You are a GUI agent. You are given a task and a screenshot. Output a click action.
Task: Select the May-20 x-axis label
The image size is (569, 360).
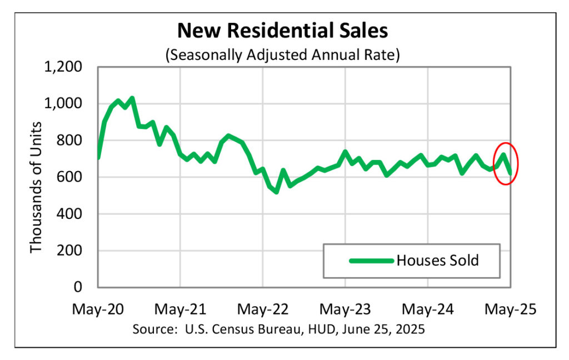click(x=98, y=309)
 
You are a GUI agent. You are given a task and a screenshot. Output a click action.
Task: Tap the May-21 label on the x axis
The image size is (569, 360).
click(x=180, y=309)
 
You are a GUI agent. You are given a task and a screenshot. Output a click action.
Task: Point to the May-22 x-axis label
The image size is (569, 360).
click(x=262, y=309)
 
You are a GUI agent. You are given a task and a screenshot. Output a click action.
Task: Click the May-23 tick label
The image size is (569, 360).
click(x=345, y=309)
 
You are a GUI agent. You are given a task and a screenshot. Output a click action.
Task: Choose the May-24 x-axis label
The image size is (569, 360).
click(x=428, y=309)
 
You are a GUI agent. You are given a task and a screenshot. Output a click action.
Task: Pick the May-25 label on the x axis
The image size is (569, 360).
click(x=510, y=309)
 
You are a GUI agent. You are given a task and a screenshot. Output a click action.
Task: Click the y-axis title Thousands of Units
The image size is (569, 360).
click(x=37, y=187)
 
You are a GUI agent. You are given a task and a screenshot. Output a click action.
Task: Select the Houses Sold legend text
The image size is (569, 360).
click(x=437, y=260)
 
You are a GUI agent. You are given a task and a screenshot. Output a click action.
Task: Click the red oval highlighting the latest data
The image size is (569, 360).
click(x=517, y=150)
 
